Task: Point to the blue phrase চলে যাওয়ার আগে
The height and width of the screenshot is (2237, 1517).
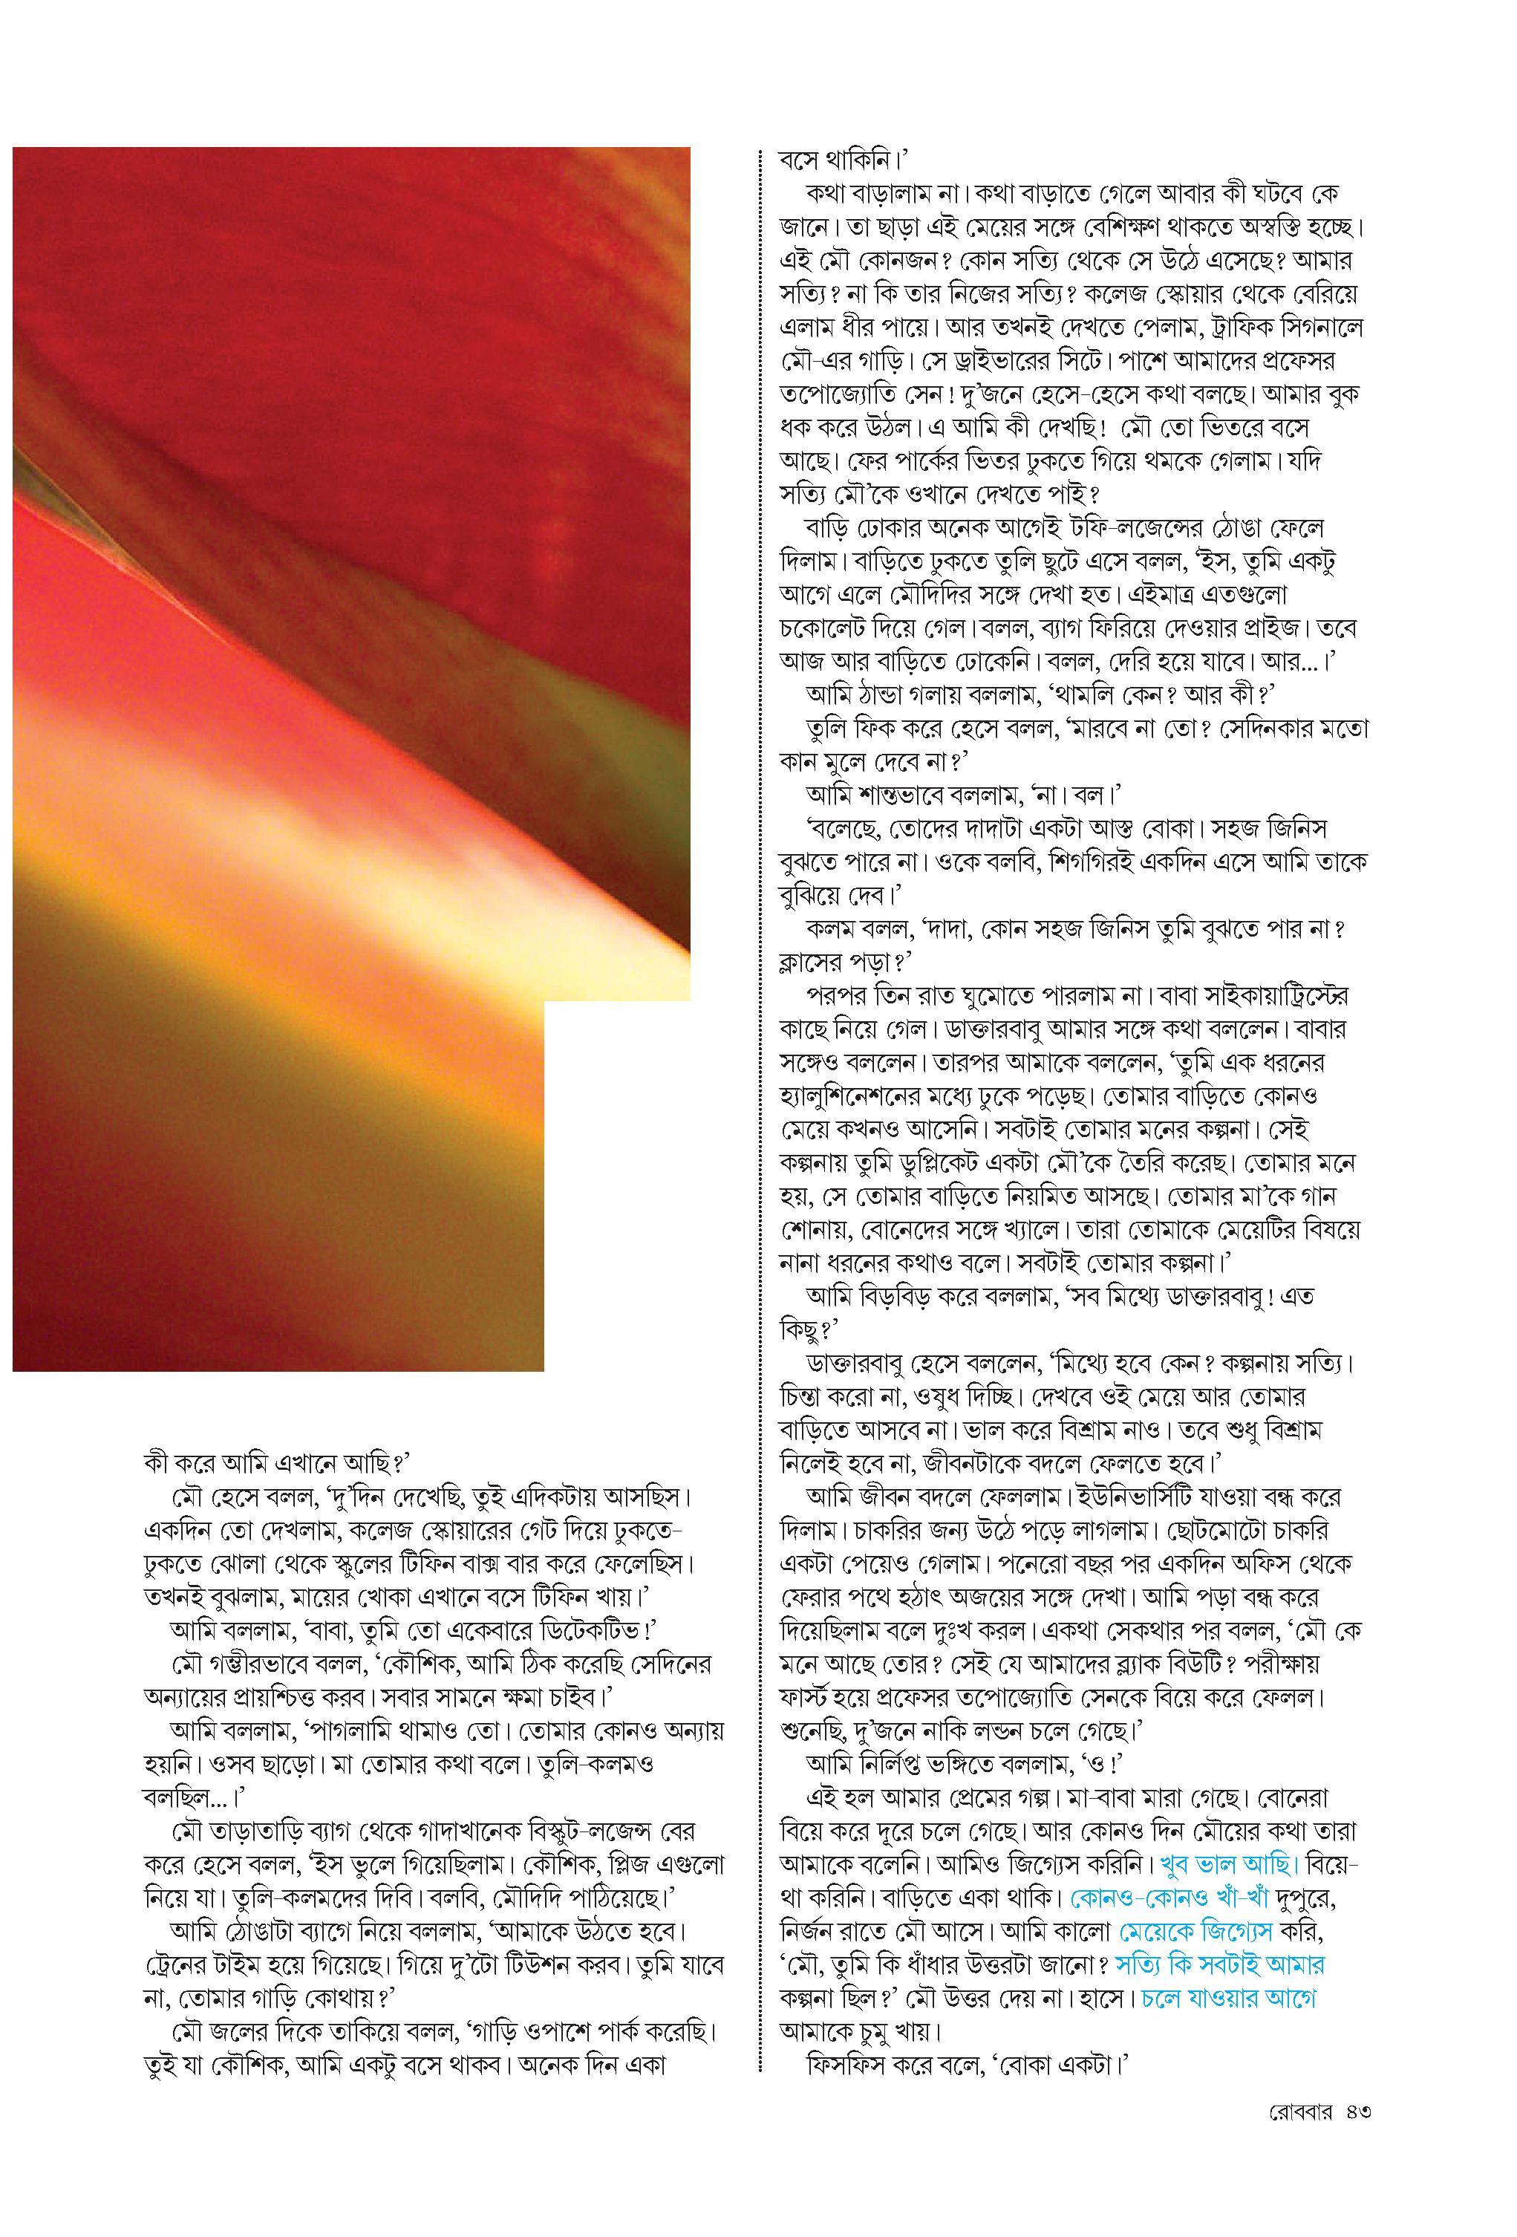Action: click(1228, 1999)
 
